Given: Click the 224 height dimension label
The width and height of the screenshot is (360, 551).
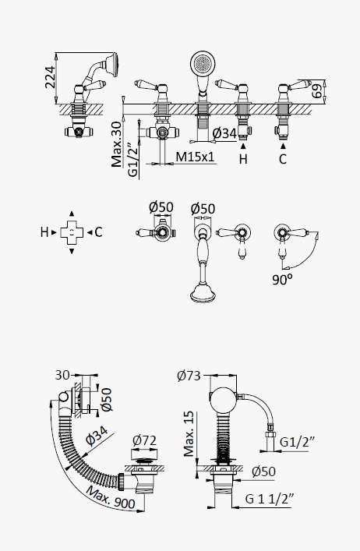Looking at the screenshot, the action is (50, 77).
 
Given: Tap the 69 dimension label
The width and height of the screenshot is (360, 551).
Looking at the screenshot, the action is (317, 90).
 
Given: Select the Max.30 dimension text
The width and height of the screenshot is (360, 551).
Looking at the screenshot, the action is (116, 144).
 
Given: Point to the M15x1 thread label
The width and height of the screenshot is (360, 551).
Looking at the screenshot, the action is (195, 157).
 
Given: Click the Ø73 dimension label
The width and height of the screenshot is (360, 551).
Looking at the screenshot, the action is (189, 376).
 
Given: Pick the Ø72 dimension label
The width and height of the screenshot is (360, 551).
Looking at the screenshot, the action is (144, 440).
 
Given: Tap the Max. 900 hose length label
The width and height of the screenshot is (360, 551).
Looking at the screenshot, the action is (111, 497).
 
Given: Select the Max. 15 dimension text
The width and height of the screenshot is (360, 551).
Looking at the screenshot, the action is (189, 433).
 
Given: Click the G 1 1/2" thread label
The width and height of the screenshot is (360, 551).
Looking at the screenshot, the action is (270, 499).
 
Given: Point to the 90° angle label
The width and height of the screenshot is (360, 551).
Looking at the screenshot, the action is (282, 279).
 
